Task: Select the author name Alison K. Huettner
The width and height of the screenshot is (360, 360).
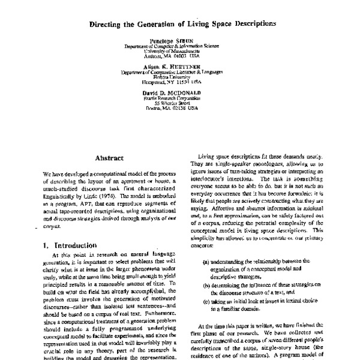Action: point(179,67)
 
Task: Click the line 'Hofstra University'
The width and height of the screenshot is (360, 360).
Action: point(179,78)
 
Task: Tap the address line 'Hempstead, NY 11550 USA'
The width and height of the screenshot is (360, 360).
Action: point(179,83)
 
